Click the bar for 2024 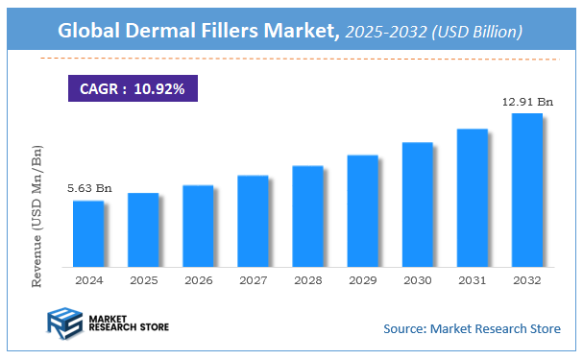[x=88, y=233]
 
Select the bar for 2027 [x=253, y=221]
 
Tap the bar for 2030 [x=417, y=204]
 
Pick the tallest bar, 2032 [x=526, y=190]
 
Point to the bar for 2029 [x=362, y=210]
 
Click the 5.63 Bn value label [x=88, y=188]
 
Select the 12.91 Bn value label [x=526, y=101]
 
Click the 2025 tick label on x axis [x=143, y=280]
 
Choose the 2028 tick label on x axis [x=307, y=280]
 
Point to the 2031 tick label [x=472, y=280]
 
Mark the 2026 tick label [x=198, y=280]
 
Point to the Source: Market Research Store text [x=472, y=329]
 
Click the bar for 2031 [x=472, y=198]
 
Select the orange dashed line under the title [x=288, y=59]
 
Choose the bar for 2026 [x=198, y=226]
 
